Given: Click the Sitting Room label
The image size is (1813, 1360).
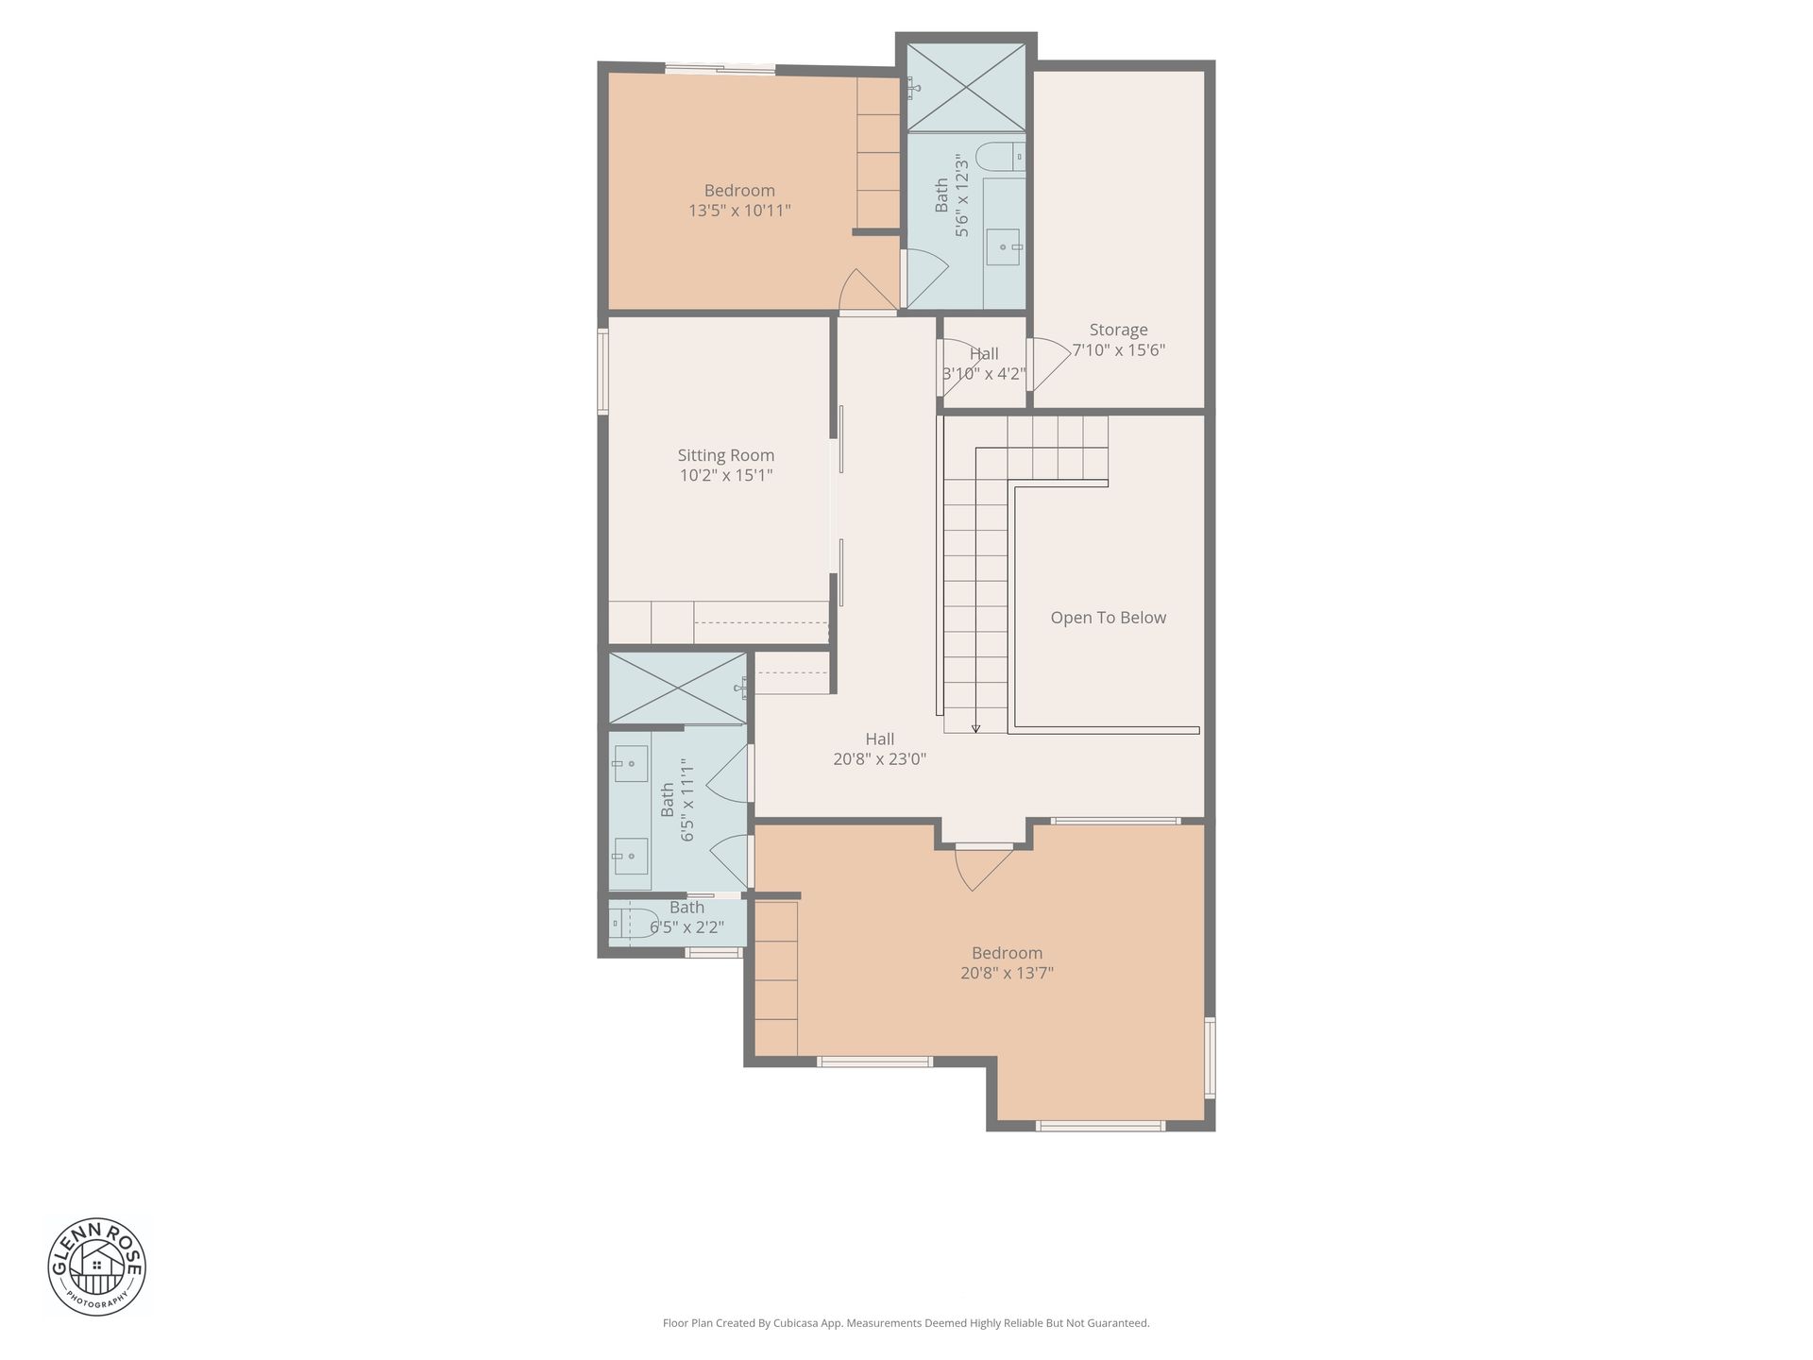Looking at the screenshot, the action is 725,455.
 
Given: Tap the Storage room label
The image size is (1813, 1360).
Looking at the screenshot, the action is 1118,330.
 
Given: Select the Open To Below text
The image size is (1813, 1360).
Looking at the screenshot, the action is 1109,618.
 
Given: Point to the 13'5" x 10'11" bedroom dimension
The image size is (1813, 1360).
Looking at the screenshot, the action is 739,211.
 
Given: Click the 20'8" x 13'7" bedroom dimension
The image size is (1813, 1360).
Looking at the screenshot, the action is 1007,973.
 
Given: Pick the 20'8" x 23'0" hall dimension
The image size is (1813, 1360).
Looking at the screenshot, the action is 879,758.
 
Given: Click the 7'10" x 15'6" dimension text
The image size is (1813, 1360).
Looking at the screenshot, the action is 1118,350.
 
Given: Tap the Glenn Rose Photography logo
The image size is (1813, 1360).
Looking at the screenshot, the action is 97,1266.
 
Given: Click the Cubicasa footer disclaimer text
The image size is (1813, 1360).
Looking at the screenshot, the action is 906,1323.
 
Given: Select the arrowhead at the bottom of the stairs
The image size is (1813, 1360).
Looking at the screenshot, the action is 975,728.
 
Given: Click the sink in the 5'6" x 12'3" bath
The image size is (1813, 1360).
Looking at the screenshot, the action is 1004,247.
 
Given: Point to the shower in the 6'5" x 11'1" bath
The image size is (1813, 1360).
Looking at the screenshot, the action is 678,688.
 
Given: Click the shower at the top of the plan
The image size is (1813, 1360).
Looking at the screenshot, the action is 965,87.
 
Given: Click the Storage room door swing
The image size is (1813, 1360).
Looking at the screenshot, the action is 1045,364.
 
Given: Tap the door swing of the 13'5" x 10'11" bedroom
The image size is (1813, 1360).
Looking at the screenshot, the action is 865,289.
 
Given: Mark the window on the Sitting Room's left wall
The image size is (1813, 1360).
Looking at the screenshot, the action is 602,371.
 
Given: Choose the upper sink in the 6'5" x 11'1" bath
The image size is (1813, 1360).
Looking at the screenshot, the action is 630,763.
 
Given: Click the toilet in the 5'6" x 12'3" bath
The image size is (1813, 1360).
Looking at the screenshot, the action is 999,156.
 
